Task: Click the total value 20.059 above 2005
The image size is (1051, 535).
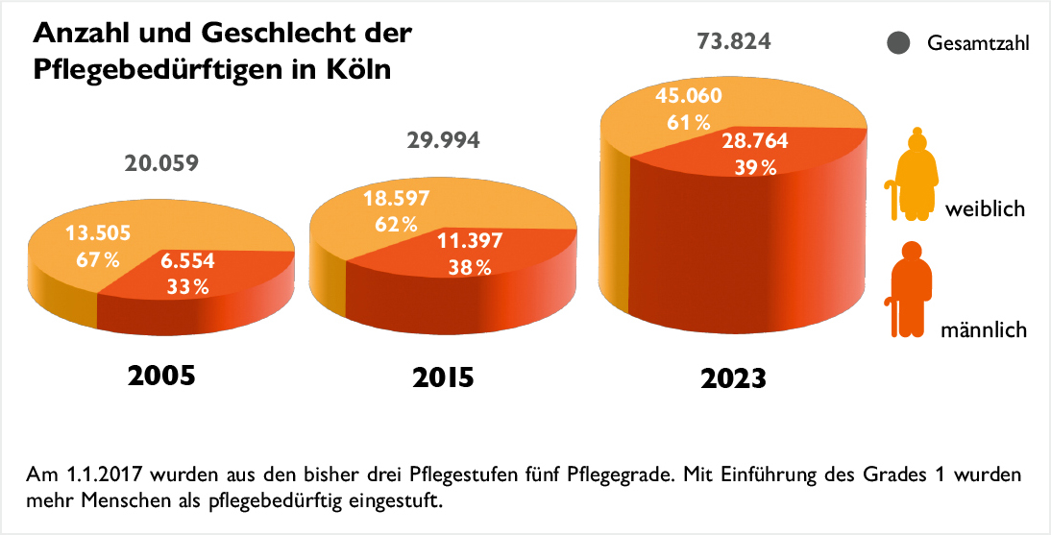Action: click(161, 163)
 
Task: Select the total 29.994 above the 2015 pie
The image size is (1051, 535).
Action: click(443, 141)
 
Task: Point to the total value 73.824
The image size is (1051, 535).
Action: click(734, 43)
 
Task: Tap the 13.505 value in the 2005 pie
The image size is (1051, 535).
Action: click(98, 233)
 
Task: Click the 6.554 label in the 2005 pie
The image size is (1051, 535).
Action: click(188, 260)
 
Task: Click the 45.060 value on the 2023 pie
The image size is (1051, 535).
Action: click(689, 95)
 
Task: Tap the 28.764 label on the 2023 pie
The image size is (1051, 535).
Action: click(755, 141)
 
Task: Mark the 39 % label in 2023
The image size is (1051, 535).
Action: click(755, 168)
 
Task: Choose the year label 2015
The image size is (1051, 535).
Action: click(443, 377)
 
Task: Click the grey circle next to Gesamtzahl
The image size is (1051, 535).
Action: click(899, 44)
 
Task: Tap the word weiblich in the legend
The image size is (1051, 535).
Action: click(986, 208)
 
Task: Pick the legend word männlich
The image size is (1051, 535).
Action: click(984, 330)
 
